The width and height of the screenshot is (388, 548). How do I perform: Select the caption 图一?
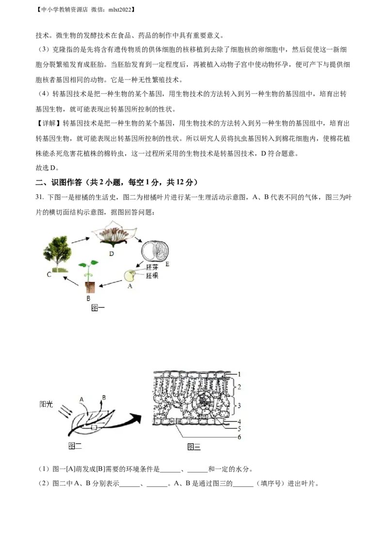click(98, 308)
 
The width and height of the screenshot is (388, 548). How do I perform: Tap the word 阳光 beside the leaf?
click(46, 404)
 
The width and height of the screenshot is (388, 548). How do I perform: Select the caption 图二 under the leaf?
click(75, 446)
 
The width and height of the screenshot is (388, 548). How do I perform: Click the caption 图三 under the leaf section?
click(194, 447)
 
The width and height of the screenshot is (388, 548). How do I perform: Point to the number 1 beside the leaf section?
click(239, 374)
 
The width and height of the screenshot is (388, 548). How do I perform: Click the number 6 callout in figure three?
click(239, 437)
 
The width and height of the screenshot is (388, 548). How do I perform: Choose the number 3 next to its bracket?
click(239, 404)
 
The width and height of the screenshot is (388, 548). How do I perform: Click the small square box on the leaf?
click(95, 427)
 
